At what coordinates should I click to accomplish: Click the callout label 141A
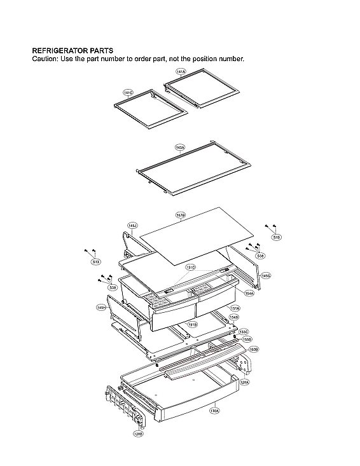181,72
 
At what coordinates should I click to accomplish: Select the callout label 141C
128,93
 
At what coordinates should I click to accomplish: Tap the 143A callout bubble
180,147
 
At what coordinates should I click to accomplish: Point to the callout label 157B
181,216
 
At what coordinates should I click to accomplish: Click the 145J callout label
132,225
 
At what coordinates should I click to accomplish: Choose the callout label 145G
266,276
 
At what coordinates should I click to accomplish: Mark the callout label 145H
101,308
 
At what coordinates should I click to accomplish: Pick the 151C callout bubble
191,268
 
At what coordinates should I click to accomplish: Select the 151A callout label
235,308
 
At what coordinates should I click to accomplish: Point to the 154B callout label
234,317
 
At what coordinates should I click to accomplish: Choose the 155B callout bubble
247,339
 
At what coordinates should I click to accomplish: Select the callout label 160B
253,349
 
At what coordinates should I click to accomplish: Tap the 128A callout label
244,382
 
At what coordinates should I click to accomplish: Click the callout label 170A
214,411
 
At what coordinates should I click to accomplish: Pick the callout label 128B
138,434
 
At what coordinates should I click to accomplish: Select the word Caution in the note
45,59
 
